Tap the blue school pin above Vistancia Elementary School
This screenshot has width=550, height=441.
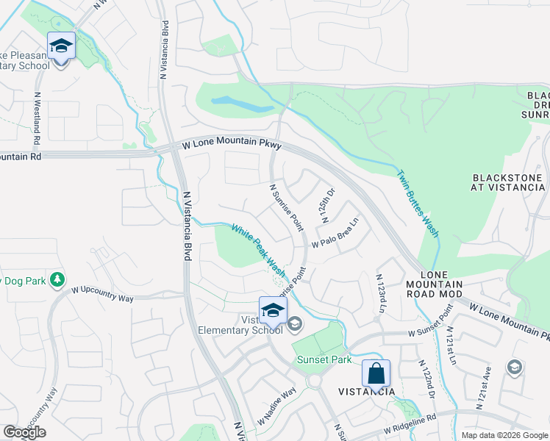click(272, 311)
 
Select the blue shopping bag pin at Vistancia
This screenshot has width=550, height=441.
click(376, 373)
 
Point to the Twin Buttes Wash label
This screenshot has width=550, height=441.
click(418, 204)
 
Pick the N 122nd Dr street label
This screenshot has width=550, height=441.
click(427, 381)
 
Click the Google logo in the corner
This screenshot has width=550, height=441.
click(24, 432)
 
